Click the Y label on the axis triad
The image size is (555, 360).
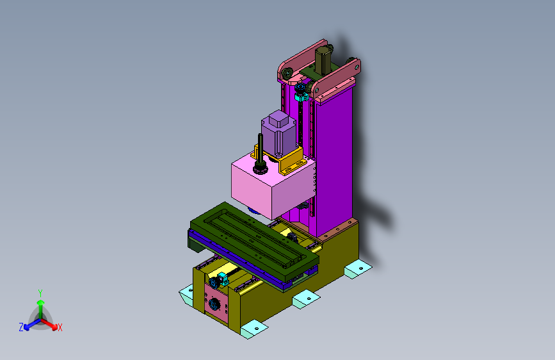click(x=40, y=293)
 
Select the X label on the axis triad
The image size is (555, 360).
click(x=60, y=327)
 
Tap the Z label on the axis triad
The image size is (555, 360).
click(x=21, y=327)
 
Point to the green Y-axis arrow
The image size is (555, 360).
click(x=41, y=309)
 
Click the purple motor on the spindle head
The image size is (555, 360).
click(x=279, y=134)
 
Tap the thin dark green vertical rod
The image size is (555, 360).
click(x=261, y=149)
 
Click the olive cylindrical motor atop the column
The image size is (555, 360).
click(x=323, y=60)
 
